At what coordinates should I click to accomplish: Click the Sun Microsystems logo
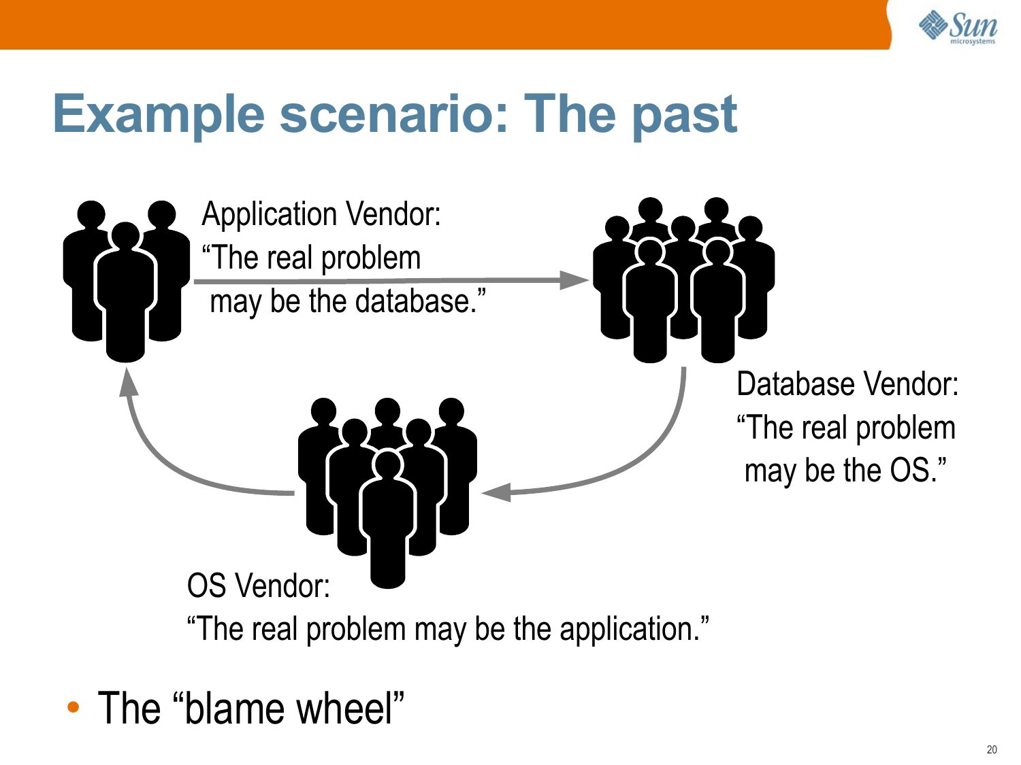pos(958,27)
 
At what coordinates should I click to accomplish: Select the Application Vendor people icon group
pos(126,279)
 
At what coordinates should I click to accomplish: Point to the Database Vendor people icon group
pos(683,279)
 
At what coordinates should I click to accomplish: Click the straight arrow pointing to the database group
pos(391,279)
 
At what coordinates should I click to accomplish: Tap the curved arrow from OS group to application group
pos(170,462)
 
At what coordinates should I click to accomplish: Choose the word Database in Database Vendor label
pos(790,384)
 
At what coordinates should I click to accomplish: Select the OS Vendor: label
pos(258,586)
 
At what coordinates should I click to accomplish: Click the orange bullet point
pos(74,707)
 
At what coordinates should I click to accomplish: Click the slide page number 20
pos(991,749)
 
